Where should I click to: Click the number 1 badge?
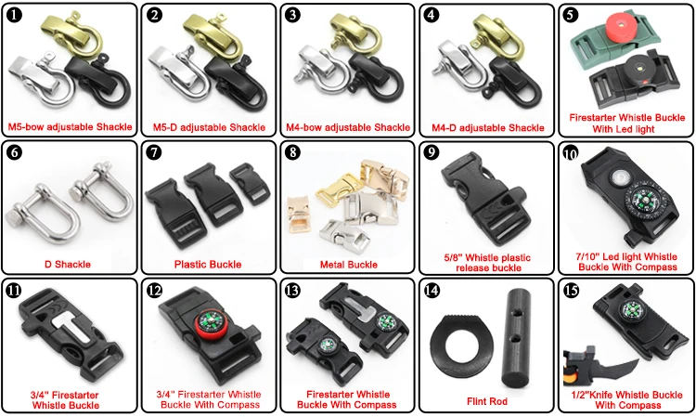[x=15, y=15]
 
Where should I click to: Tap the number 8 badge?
[x=293, y=151]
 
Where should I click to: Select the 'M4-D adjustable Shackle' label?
[x=487, y=127]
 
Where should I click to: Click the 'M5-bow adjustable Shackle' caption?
[x=69, y=127]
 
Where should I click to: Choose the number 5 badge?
[x=571, y=15]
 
